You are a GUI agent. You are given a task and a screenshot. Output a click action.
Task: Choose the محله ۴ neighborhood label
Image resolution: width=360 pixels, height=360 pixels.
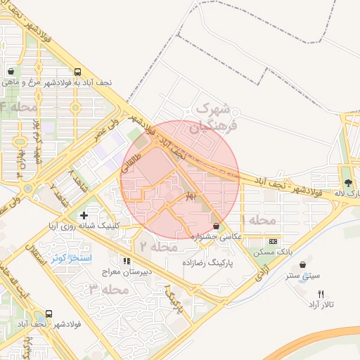19,107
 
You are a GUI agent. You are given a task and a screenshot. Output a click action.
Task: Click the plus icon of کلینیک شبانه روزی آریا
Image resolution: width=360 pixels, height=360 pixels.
84,214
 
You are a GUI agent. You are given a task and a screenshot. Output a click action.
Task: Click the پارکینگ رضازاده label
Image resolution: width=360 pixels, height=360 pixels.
207,261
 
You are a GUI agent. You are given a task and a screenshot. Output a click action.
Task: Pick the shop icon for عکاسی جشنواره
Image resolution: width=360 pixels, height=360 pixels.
216,226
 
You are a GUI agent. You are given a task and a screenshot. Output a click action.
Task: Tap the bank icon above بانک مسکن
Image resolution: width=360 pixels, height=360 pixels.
274,240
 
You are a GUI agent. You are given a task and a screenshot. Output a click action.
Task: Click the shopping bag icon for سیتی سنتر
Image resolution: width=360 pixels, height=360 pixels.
303,265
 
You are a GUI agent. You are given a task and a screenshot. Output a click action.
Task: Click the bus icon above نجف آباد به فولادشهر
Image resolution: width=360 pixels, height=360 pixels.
77,72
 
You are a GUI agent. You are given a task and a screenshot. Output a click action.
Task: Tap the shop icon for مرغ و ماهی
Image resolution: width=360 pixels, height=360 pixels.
11,72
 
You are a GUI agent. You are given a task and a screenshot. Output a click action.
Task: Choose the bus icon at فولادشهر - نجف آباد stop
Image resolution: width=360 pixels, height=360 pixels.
49,314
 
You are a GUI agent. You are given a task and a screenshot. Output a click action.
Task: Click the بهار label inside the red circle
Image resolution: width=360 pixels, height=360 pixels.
189,197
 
